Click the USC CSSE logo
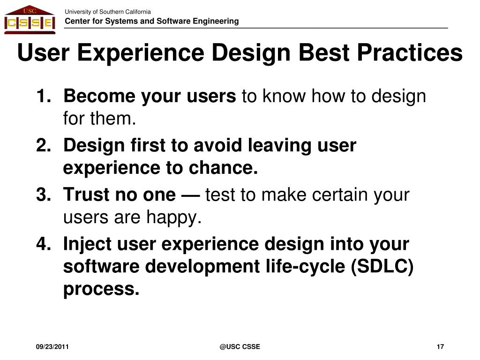click(30, 20)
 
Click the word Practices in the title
click(410, 52)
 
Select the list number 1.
click(43, 96)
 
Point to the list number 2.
click(43, 145)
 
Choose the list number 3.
click(43, 195)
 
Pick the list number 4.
click(43, 244)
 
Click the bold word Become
click(99, 96)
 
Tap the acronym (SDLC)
click(382, 267)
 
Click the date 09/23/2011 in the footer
click(52, 347)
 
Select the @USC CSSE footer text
click(240, 347)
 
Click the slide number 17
click(440, 347)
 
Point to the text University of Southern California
click(108, 12)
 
